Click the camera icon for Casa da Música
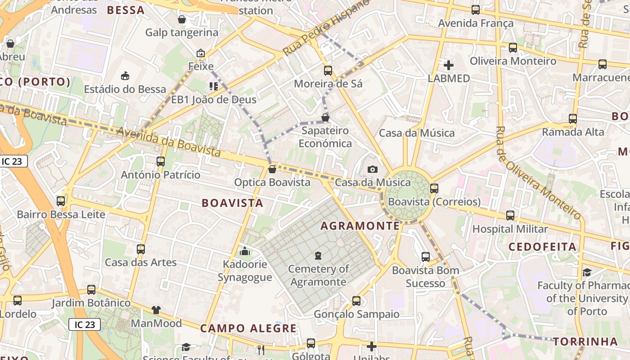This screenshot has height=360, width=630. pos(372,170)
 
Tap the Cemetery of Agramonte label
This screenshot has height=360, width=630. pos(319,275)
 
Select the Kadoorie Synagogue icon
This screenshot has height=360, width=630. pos(245,251)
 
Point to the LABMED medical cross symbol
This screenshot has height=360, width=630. pos(448,65)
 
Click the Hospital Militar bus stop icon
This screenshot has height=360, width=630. pos(510,216)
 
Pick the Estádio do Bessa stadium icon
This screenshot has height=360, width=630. pos(125,76)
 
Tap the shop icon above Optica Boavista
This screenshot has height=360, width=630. pos(272,170)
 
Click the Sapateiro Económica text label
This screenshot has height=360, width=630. pos(325,137)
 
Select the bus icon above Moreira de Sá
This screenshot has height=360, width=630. pos(328,71)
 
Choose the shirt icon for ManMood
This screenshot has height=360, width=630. pos(156,310)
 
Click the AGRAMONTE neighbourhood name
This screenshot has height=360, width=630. pos(360,226)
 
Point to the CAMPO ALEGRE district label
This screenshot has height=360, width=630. pos(248,328)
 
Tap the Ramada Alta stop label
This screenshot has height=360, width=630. pos(573,132)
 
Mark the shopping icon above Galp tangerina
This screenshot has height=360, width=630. pos(182,19)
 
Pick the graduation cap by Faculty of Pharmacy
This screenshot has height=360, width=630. pos(587,272)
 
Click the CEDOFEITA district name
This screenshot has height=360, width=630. pos(542,247)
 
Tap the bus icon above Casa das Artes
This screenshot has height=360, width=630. pos(141,249)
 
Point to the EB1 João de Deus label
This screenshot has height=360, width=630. pos(214,99)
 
